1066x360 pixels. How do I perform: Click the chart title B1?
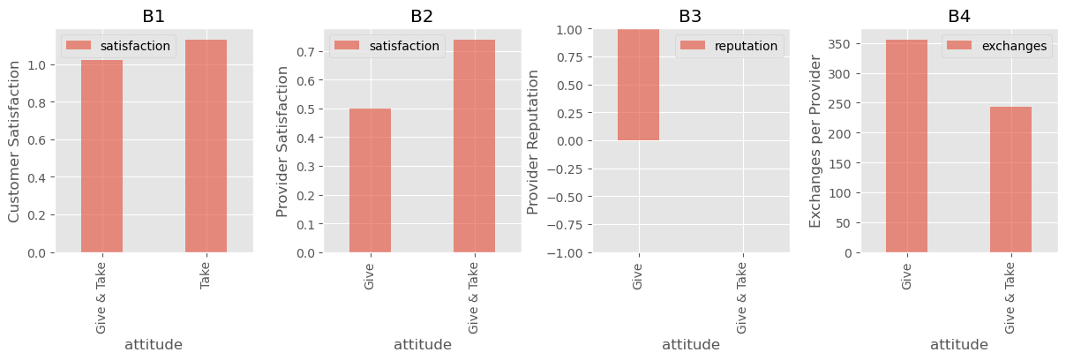pyautogui.click(x=154, y=16)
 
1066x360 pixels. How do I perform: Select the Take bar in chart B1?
pyautogui.click(x=206, y=146)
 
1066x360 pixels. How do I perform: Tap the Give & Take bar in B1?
pyautogui.click(x=101, y=156)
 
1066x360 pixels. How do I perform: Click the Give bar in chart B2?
pyautogui.click(x=371, y=181)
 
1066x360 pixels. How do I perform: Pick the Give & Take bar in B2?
pyautogui.click(x=474, y=146)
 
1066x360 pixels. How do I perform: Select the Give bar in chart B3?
pyautogui.click(x=638, y=85)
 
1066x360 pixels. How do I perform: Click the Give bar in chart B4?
pyautogui.click(x=906, y=146)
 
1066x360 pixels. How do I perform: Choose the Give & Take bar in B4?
pyautogui.click(x=1010, y=180)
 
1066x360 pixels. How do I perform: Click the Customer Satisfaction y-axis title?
pyautogui.click(x=14, y=141)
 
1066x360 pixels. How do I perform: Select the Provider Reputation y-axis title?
pyautogui.click(x=532, y=142)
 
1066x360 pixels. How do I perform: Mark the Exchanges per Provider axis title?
pyautogui.click(x=815, y=141)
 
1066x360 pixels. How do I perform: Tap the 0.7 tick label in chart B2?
pyautogui.click(x=306, y=52)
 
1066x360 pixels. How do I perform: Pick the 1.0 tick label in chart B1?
pyautogui.click(x=37, y=65)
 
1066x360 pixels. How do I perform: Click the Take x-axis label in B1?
pyautogui.click(x=205, y=275)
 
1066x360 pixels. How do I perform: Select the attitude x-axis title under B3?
pyautogui.click(x=691, y=344)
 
